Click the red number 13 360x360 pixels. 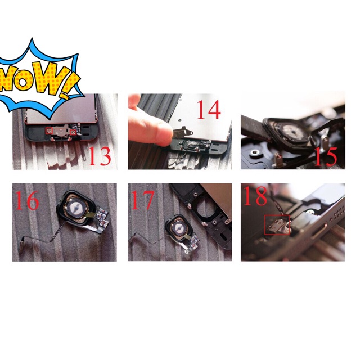tap(100, 156)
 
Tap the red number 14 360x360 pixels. tap(209, 110)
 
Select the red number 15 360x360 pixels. tap(326, 157)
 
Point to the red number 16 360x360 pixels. tap(27, 200)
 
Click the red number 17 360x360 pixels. tap(142, 200)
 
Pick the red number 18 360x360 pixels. tap(255, 196)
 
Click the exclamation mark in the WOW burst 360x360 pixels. tap(68, 85)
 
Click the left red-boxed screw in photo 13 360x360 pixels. tap(49, 131)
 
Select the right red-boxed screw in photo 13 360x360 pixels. tap(73, 132)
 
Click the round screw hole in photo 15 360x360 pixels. tap(254, 152)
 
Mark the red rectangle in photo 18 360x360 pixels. tap(277, 225)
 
